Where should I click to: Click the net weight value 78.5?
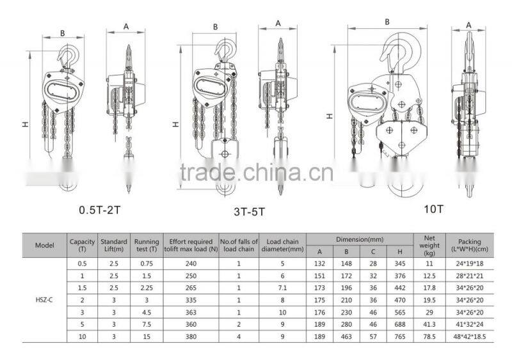(x=429, y=336)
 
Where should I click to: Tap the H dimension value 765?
(x=399, y=336)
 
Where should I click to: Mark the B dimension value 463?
(x=346, y=336)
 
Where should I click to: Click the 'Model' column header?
(x=44, y=245)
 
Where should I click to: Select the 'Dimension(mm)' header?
(x=360, y=239)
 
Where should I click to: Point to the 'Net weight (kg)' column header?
(x=429, y=245)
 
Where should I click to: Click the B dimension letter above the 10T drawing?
(x=387, y=21)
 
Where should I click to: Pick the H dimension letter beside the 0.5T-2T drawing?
(x=25, y=123)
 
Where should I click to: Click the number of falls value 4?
(x=238, y=336)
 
